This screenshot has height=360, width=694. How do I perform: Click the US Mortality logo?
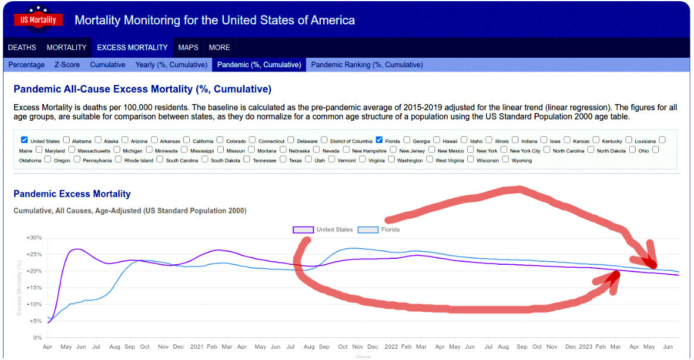pos(38,20)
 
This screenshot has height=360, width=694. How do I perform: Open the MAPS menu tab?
pos(188,48)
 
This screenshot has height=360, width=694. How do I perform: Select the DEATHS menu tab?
pos(22,48)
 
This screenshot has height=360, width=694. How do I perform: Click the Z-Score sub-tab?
pos(67,65)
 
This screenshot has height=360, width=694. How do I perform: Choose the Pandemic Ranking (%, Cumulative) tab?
pos(367,65)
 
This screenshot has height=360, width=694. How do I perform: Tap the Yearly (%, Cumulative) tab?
pos(171,65)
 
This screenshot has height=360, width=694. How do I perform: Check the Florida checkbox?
pos(379,140)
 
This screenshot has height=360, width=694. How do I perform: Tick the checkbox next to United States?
pos(24,140)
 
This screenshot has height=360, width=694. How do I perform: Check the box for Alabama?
pos(67,140)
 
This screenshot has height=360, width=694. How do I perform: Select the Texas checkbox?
pos(283,159)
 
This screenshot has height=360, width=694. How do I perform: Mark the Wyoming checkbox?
pos(506,159)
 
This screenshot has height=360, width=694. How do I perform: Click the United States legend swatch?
pos(303,230)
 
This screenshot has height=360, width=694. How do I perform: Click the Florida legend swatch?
pos(368,230)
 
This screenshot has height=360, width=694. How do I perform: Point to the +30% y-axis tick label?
pos(34,237)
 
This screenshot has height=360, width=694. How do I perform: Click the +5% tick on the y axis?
pos(35,321)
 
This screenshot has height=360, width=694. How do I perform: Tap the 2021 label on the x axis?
pos(196,347)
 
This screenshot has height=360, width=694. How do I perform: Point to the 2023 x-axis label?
pos(585,347)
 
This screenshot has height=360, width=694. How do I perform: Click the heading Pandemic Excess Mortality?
pos(72,194)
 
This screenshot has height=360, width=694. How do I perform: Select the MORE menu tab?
pos(220,48)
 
